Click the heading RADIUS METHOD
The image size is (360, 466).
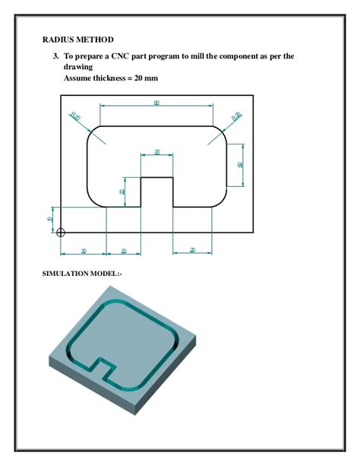coord(77,39)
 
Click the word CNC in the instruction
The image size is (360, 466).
coord(122,56)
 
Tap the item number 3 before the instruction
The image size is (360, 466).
coord(55,56)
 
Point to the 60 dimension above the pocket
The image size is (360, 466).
coord(156,103)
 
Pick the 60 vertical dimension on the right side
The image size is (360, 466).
coord(240,164)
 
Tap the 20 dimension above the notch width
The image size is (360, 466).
coord(157,152)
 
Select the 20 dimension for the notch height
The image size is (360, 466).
coord(122,192)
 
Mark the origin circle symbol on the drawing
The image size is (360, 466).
coord(61,233)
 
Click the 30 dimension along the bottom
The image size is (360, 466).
coord(83,250)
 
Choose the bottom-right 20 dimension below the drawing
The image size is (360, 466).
coord(192,250)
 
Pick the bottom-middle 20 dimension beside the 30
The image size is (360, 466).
coord(123,250)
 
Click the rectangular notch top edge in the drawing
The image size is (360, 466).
coord(157,177)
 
